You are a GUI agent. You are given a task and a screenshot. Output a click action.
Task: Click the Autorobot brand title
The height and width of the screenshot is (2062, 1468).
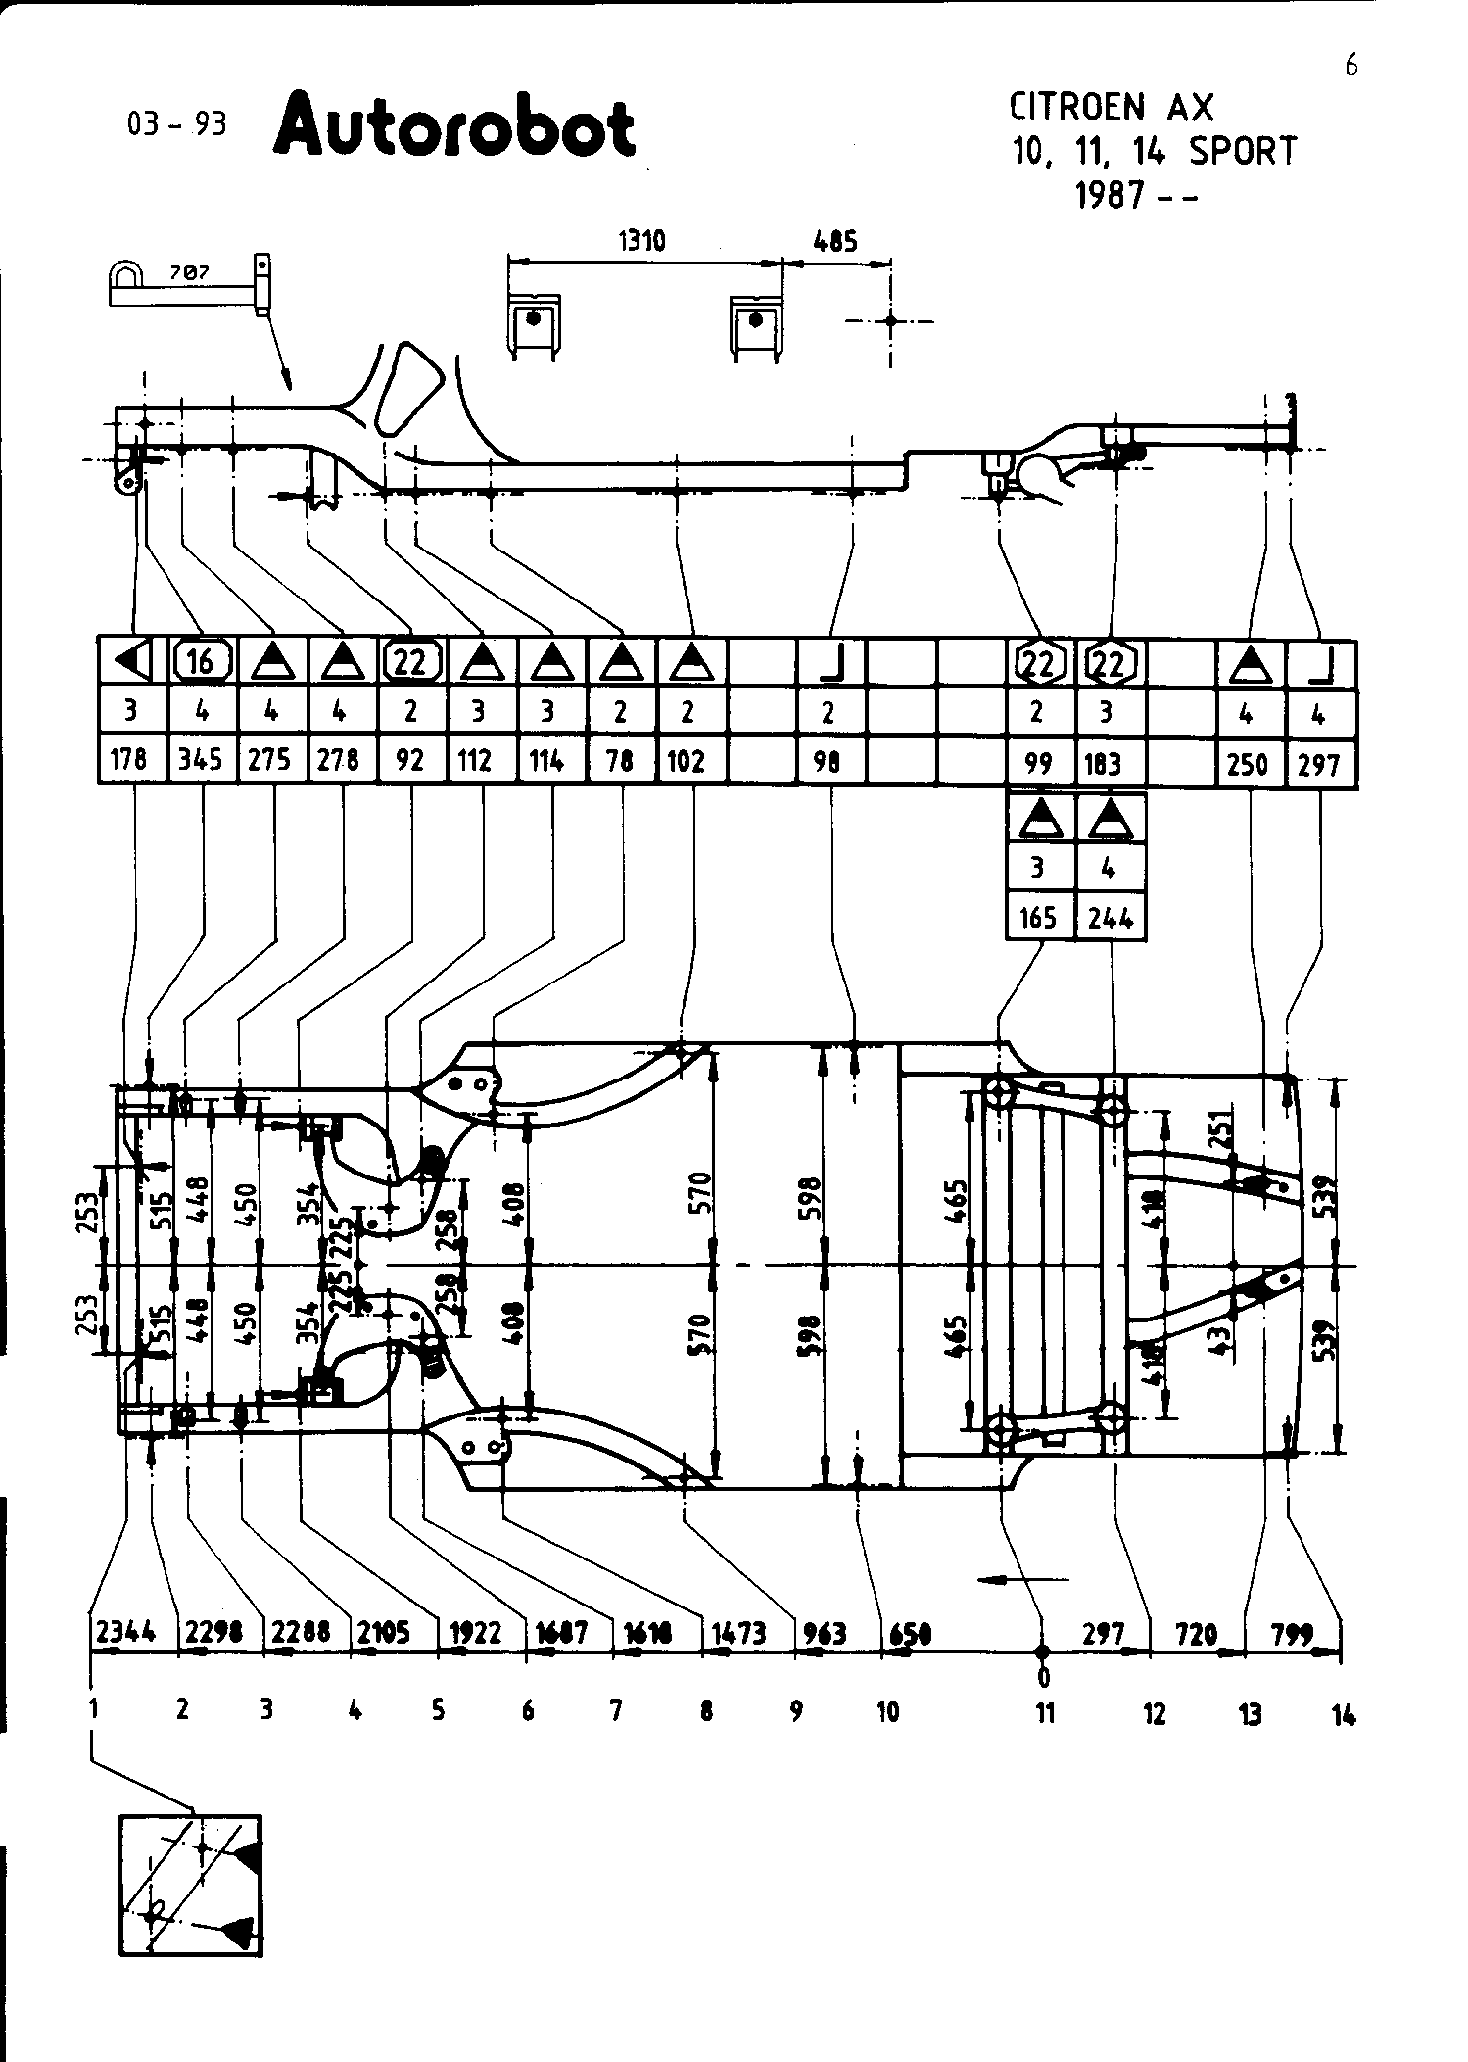[454, 125]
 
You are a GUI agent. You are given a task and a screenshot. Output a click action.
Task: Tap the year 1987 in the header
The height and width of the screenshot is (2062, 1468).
[1109, 196]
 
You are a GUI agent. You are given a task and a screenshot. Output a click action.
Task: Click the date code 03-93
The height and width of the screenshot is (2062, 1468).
[176, 124]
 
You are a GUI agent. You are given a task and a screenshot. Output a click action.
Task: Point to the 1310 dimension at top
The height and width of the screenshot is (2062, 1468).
[642, 241]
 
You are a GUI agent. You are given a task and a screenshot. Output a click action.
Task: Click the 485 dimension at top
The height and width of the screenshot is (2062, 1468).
[835, 241]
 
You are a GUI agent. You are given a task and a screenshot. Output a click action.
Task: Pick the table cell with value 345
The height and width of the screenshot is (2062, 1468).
[201, 760]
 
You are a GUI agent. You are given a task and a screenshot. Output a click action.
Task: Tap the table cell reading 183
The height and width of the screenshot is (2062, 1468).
[1104, 763]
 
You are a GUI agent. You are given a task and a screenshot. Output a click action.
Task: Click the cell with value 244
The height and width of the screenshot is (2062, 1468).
[1110, 917]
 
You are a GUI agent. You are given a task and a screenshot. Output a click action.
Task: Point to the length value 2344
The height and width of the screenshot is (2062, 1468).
[125, 1632]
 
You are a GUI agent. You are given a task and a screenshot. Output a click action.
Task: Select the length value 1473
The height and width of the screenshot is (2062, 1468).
[739, 1632]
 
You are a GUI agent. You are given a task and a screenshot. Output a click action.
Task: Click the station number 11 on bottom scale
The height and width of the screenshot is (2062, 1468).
[1045, 1712]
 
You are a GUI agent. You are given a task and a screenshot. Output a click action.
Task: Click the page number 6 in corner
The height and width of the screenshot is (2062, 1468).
[1351, 66]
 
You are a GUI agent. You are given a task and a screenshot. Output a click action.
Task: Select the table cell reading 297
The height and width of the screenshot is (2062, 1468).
[1318, 763]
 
